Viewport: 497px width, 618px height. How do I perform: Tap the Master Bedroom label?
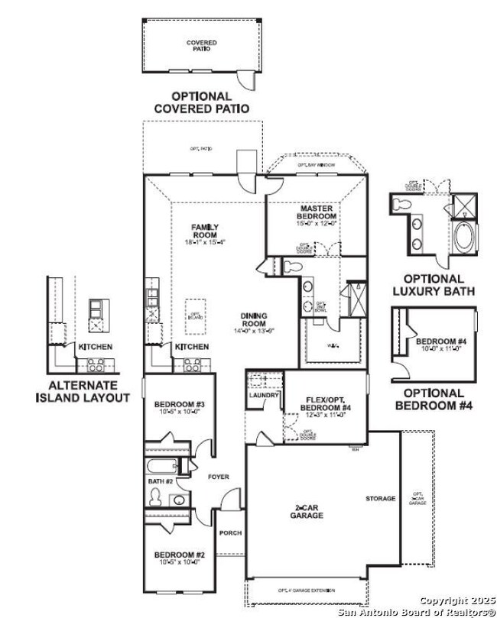point(317,212)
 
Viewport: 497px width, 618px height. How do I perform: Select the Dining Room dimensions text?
point(253,331)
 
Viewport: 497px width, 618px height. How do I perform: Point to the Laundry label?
point(264,395)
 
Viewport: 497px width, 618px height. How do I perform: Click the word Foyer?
point(218,477)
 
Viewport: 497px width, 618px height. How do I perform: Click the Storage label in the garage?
point(380,499)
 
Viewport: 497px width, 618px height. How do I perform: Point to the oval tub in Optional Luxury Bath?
point(464,238)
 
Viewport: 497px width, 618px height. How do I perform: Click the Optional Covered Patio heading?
point(201,102)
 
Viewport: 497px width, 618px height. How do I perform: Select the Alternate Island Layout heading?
point(83,392)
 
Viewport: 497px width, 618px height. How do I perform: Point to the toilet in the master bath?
point(291,267)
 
